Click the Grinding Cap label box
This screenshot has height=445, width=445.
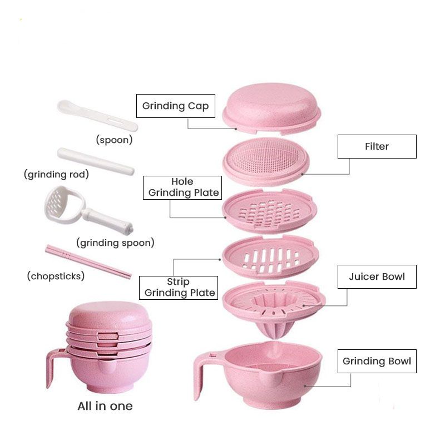tap(175, 106)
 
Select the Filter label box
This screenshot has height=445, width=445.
tap(377, 146)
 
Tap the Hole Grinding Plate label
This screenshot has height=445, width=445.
tap(182, 187)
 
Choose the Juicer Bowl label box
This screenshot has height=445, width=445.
tap(377, 276)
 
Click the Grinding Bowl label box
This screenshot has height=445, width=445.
tap(377, 361)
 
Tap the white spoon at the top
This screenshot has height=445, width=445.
tap(97, 115)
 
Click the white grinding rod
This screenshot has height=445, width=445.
tap(95, 161)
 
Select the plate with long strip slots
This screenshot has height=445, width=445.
tap(270, 256)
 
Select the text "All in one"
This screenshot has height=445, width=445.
tap(105, 406)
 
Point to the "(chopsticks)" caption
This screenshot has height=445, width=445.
tap(56, 276)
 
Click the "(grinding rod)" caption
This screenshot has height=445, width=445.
tap(56, 175)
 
